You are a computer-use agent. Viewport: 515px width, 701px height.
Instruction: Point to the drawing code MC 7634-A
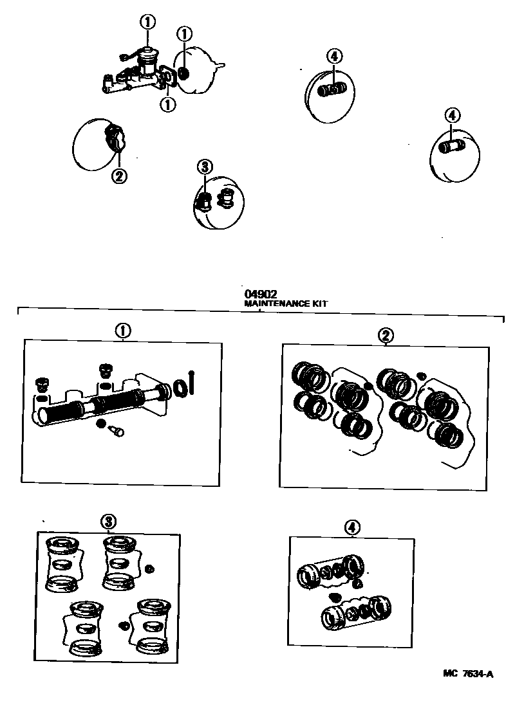[468, 674]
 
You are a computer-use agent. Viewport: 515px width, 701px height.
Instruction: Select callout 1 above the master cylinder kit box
[122, 331]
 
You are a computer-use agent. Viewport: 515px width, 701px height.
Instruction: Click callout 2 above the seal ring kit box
[385, 335]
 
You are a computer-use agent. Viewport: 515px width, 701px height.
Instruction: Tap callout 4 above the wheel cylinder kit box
[351, 527]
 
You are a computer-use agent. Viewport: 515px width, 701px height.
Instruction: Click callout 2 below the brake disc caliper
[120, 176]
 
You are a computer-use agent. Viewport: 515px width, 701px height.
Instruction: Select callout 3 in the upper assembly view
[203, 168]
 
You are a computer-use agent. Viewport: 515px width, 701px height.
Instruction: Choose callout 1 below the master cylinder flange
[168, 104]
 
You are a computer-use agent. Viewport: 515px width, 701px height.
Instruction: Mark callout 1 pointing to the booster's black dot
[185, 33]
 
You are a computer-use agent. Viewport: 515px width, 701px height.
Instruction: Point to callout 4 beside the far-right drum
[452, 116]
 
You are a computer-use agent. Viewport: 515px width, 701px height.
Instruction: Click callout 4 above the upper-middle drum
[333, 56]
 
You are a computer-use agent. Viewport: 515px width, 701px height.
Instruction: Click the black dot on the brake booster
[183, 74]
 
